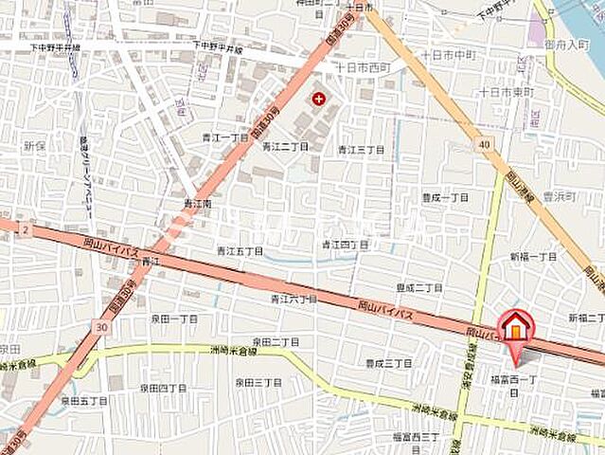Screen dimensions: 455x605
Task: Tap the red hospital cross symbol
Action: tap(317, 98)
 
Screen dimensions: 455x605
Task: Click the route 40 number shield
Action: tap(485, 144)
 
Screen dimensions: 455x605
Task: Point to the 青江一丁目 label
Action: tap(224, 137)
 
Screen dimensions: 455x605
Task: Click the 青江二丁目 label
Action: tap(286, 147)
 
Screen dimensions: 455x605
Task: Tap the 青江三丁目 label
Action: tap(362, 150)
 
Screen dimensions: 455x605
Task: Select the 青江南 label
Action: tap(198, 204)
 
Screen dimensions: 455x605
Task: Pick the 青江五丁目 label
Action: tap(240, 251)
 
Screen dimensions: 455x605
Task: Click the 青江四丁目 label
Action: tap(345, 245)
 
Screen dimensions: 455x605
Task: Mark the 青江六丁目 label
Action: tap(293, 299)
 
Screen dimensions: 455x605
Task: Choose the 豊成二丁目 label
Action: tap(420, 287)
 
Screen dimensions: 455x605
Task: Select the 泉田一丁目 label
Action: tap(175, 319)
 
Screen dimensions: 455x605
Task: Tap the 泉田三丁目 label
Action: tap(258, 382)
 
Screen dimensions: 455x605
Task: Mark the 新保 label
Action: tap(35, 146)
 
